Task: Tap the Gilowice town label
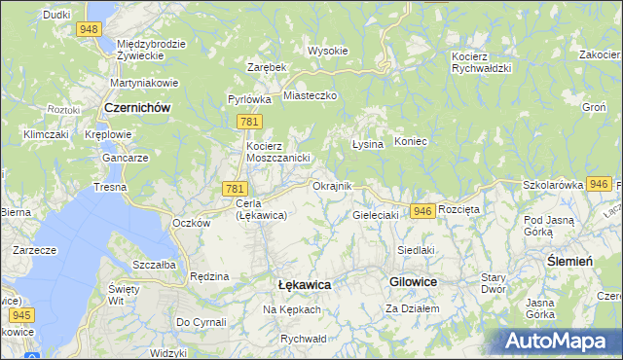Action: click(x=413, y=280)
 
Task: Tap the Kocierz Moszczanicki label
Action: click(x=276, y=151)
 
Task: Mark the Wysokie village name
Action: click(x=327, y=50)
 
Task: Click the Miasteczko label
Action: click(x=310, y=95)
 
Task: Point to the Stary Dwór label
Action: click(x=494, y=282)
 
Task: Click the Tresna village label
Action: click(x=109, y=186)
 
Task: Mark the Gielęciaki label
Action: click(x=376, y=214)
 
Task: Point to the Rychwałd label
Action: click(x=301, y=338)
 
